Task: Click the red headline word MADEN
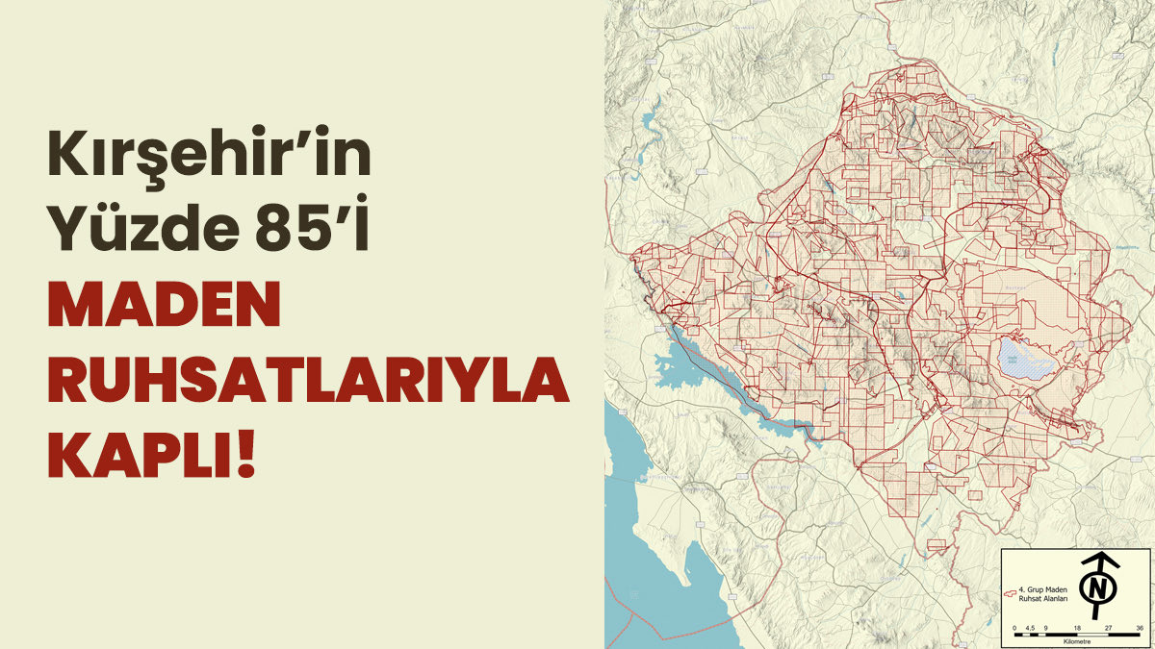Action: pyautogui.click(x=164, y=307)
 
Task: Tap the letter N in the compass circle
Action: pyautogui.click(x=1097, y=587)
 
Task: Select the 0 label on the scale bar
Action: pyautogui.click(x=1014, y=628)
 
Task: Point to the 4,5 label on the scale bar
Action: pyautogui.click(x=1030, y=628)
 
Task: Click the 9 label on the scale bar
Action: pyautogui.click(x=1044, y=628)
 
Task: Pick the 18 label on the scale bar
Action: pyautogui.click(x=1077, y=628)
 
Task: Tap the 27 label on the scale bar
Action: pyautogui.click(x=1109, y=628)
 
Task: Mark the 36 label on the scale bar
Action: pyautogui.click(x=1140, y=628)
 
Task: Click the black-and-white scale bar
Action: pyautogui.click(x=1077, y=634)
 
